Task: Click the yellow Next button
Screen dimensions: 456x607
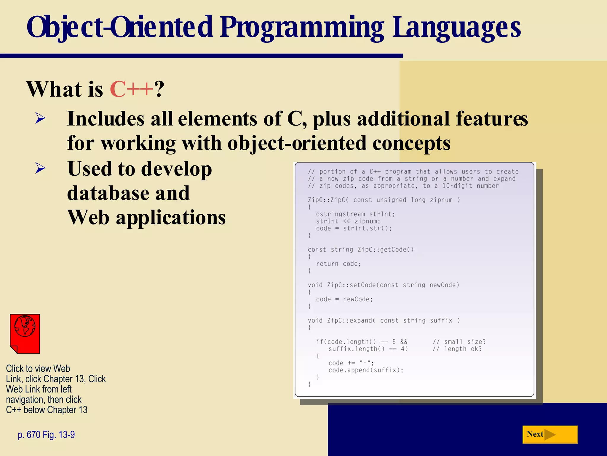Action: [x=550, y=434]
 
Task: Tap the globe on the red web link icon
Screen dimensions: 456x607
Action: [x=25, y=326]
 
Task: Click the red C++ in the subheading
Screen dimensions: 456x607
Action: [x=131, y=89]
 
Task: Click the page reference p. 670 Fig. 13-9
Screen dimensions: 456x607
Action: [x=46, y=435]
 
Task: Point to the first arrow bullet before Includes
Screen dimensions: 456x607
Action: [x=40, y=118]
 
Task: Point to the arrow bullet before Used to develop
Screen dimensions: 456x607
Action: [x=40, y=168]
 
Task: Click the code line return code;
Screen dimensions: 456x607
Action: [x=338, y=264]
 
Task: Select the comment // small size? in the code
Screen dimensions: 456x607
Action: [x=459, y=342]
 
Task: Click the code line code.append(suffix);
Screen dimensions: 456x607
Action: [x=366, y=370]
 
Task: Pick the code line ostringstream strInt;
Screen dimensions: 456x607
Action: [x=355, y=214]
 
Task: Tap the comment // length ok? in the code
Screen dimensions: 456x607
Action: [x=457, y=349]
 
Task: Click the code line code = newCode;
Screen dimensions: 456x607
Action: [x=344, y=299]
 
